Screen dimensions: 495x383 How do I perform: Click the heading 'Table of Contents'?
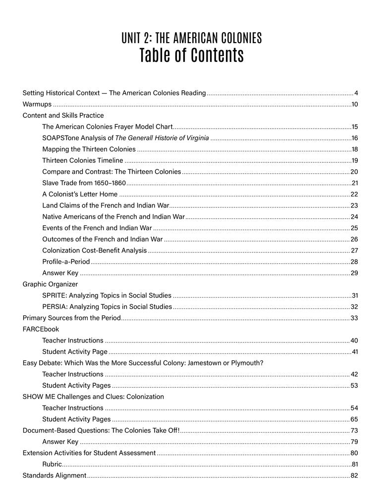pos(191,55)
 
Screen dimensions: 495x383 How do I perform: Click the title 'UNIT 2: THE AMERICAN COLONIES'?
pos(191,38)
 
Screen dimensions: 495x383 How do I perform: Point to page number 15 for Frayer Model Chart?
pos(354,127)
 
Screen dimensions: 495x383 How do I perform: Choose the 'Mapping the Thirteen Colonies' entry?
pos(89,149)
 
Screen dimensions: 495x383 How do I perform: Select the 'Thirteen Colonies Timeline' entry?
pos(82,160)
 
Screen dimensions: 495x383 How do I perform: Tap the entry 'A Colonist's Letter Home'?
pos(80,194)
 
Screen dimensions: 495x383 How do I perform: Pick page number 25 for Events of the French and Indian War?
pos(354,228)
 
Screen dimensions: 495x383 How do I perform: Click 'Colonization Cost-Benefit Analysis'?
pos(94,250)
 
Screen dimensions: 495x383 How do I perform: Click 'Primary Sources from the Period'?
pos(71,318)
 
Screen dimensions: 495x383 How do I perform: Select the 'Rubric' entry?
pos(52,464)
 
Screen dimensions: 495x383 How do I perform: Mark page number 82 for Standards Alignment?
pos(354,476)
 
